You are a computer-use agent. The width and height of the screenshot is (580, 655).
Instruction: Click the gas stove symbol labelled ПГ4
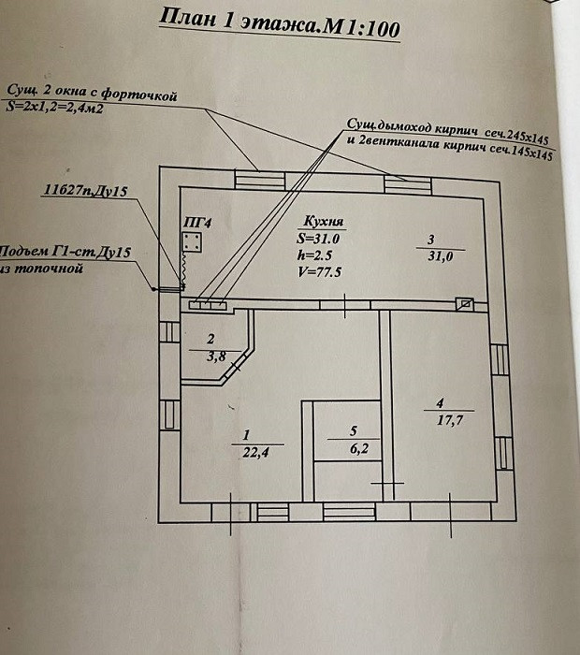(192, 242)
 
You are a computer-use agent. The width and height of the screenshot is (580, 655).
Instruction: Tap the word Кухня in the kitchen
(323, 221)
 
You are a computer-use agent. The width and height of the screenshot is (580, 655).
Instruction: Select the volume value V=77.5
(319, 272)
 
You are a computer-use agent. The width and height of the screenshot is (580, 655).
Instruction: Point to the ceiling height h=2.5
(315, 255)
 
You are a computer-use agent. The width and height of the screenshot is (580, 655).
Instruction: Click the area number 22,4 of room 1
(255, 452)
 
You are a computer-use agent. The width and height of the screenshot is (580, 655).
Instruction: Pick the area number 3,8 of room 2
(216, 357)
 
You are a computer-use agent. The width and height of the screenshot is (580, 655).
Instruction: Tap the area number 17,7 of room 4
(450, 420)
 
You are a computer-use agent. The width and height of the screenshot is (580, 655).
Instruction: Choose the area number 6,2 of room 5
(359, 449)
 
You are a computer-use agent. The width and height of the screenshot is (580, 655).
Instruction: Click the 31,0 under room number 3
(440, 256)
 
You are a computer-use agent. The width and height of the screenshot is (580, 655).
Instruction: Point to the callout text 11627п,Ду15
(86, 191)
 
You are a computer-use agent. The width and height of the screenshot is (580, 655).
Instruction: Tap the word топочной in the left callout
(48, 269)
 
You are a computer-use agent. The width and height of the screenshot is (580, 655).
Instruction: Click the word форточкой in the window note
(139, 94)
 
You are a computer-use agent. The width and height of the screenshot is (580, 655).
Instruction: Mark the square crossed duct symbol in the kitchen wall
(464, 304)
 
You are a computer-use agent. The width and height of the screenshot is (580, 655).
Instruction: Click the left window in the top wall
(260, 180)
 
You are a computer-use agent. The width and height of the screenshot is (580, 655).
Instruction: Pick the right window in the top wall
(408, 185)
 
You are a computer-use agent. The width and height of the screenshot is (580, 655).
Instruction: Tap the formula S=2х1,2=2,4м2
(54, 108)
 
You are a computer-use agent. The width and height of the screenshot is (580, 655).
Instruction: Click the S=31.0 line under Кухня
(318, 239)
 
